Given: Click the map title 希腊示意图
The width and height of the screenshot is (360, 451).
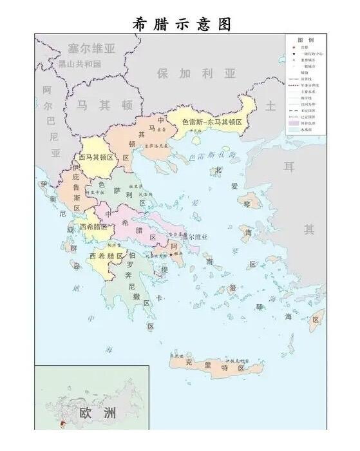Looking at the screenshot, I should point(181,23).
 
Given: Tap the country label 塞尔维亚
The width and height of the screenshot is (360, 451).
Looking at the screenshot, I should point(91,49).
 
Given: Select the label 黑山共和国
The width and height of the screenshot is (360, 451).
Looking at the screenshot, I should point(80,64).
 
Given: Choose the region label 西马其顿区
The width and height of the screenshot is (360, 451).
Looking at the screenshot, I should point(96,157).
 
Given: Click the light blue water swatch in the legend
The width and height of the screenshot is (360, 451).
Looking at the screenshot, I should point(294,129).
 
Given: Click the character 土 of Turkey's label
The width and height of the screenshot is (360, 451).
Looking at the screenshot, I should point(270,105).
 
